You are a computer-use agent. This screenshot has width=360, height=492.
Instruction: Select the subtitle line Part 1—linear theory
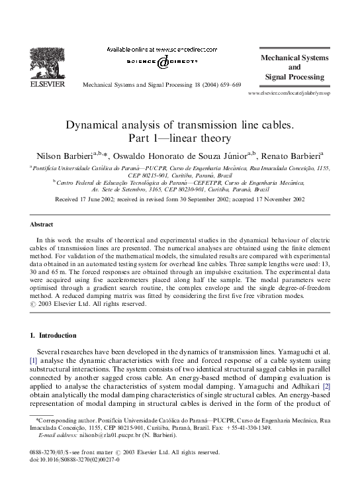tap(180, 138)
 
